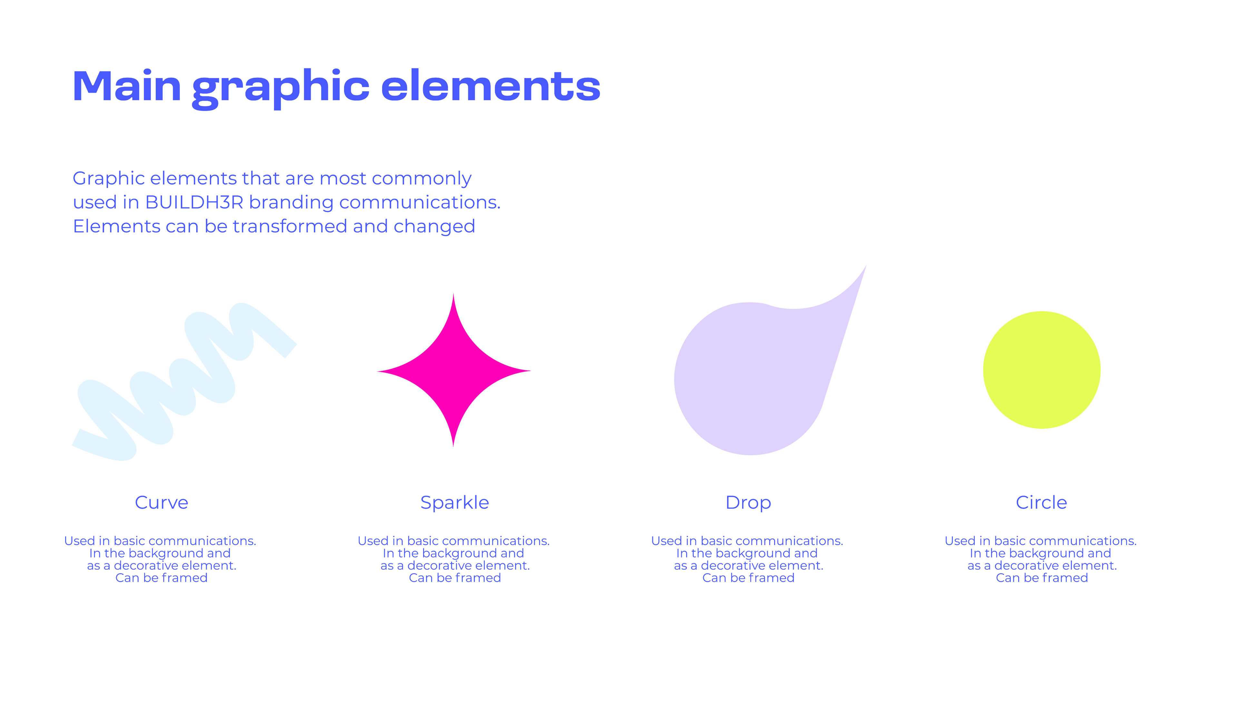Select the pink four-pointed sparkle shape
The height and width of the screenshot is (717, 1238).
click(x=453, y=370)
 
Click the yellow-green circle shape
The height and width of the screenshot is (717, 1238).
click(x=1041, y=370)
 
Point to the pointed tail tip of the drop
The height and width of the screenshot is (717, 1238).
click(x=866, y=265)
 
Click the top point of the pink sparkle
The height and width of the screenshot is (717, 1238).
click(x=453, y=294)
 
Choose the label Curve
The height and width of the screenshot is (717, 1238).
click(x=162, y=502)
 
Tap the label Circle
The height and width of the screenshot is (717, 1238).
click(x=1041, y=502)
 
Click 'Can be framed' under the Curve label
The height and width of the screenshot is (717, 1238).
click(x=162, y=578)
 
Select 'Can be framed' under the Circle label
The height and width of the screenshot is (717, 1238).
click(x=1042, y=578)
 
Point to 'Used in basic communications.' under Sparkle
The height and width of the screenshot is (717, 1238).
click(x=453, y=541)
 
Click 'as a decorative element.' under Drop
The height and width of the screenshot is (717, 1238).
click(x=749, y=566)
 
